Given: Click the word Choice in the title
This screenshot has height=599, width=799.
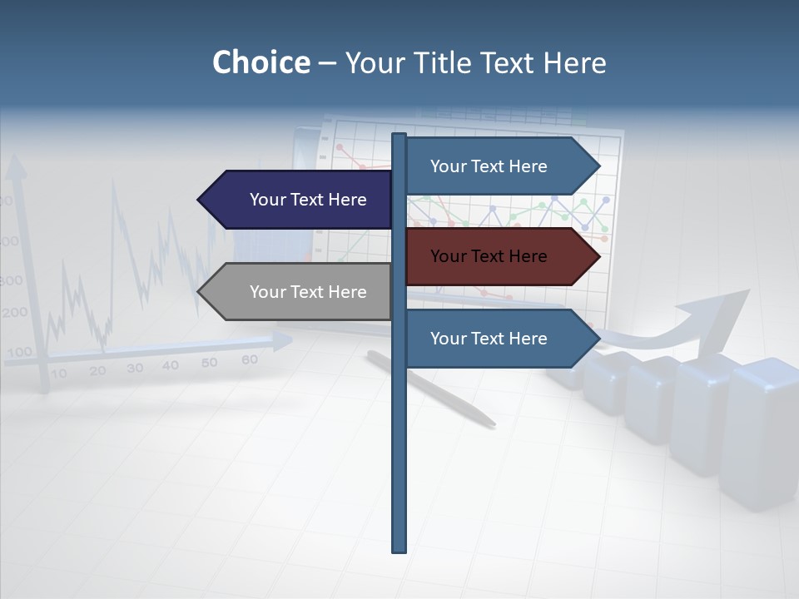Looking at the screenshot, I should tap(261, 62).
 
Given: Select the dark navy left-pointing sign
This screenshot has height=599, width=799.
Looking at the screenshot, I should tap(300, 200).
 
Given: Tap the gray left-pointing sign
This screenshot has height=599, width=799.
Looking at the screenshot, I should tap(300, 292).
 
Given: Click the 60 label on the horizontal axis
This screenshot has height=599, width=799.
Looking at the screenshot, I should tap(249, 359).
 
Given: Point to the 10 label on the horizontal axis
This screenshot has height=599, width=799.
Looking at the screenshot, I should tap(58, 374).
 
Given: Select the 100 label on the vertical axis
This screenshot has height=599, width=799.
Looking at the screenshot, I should tap(18, 352).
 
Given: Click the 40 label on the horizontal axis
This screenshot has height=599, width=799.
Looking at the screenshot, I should tap(171, 365).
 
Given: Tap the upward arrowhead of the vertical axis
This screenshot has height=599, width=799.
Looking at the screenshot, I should tap(15, 170).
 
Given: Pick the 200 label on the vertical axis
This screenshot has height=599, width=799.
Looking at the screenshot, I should tap(14, 313).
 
